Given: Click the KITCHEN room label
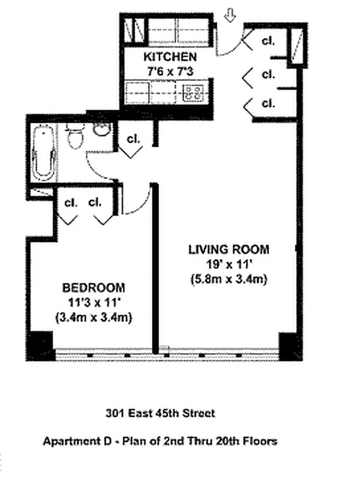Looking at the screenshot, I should (x=169, y=57).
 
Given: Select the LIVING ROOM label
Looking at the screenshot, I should (x=228, y=249).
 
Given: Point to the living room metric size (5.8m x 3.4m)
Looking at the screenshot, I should (x=228, y=279).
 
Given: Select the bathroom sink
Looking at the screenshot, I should (x=102, y=128).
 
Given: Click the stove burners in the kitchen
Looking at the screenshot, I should (x=194, y=93).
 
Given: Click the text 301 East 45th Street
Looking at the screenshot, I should (x=160, y=414).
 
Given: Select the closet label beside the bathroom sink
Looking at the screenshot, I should (x=133, y=139).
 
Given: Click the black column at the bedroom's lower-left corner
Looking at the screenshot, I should (x=41, y=344).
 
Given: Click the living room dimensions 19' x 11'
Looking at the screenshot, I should (x=228, y=264).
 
